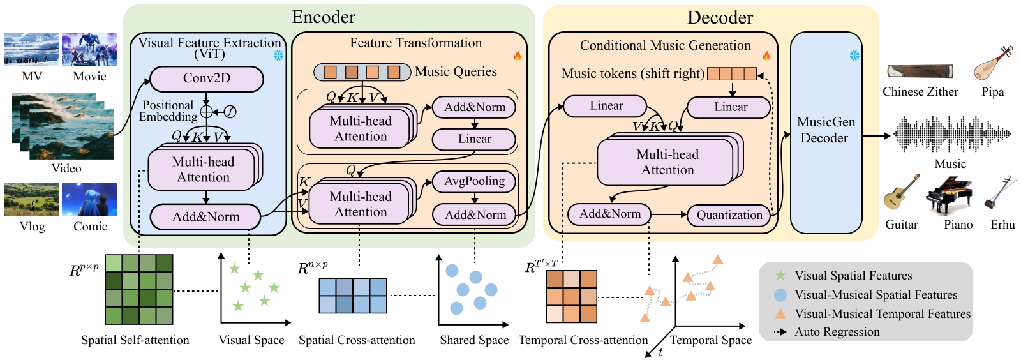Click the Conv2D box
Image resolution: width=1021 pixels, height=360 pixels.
tap(207, 79)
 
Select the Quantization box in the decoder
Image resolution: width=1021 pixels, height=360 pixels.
tap(729, 215)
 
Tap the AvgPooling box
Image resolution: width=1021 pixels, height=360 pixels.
tap(474, 181)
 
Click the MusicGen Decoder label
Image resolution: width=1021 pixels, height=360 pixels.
tap(826, 130)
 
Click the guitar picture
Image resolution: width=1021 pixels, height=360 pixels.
tap(901, 192)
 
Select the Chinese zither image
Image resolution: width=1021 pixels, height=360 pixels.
tap(920, 71)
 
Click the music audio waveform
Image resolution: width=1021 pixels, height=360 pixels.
tap(951, 134)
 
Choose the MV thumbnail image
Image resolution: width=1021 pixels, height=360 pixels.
tap(31, 50)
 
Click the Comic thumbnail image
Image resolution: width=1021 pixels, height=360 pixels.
tap(89, 199)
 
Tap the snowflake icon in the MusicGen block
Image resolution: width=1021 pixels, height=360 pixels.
tap(855, 56)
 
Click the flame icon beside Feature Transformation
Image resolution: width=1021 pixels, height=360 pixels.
tap(518, 56)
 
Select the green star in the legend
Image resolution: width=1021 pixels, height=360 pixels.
tap(780, 275)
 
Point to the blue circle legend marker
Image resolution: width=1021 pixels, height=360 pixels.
tap(780, 295)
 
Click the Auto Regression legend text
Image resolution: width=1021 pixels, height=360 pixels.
tap(837, 332)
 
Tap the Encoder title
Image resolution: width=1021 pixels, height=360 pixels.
tap(324, 17)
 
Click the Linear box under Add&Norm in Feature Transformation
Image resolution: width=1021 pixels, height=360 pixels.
tap(474, 139)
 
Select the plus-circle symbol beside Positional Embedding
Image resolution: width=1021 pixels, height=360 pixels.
tap(206, 112)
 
